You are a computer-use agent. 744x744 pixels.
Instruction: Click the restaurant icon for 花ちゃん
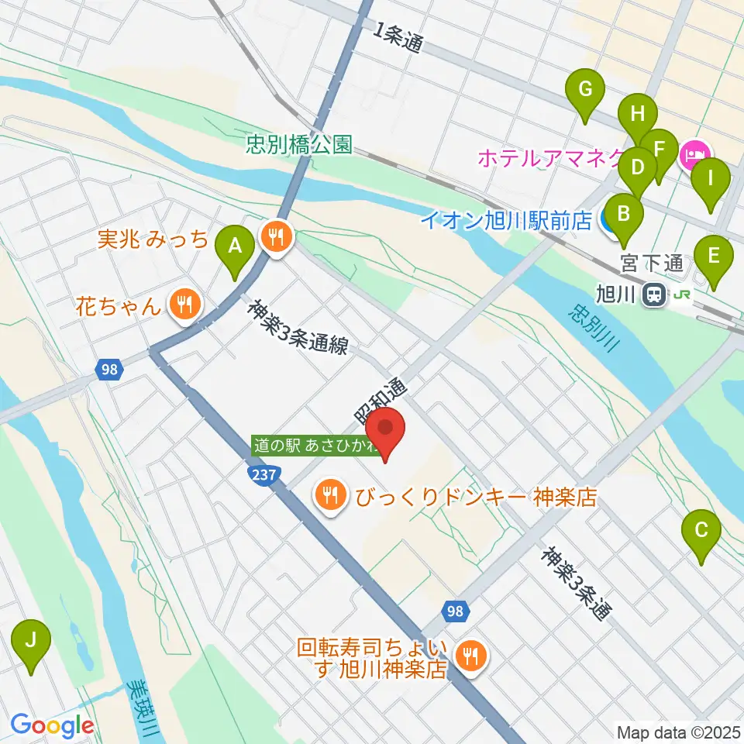pos(183,304)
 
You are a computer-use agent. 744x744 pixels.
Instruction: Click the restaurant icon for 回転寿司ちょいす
pos(470,657)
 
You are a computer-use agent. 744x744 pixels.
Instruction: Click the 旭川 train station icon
pos(656,294)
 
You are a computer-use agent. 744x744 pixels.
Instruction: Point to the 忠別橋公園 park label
pos(299,145)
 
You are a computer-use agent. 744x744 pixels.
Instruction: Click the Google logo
pos(52,725)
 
